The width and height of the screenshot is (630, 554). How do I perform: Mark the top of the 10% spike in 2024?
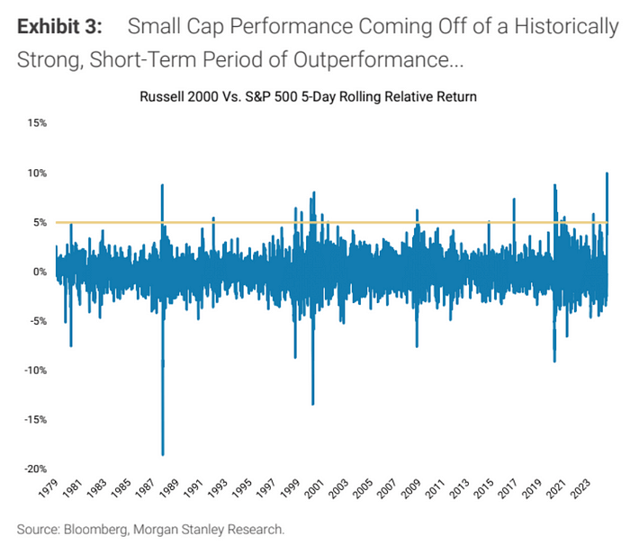(607, 173)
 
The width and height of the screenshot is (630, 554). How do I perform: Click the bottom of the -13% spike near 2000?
(312, 404)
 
